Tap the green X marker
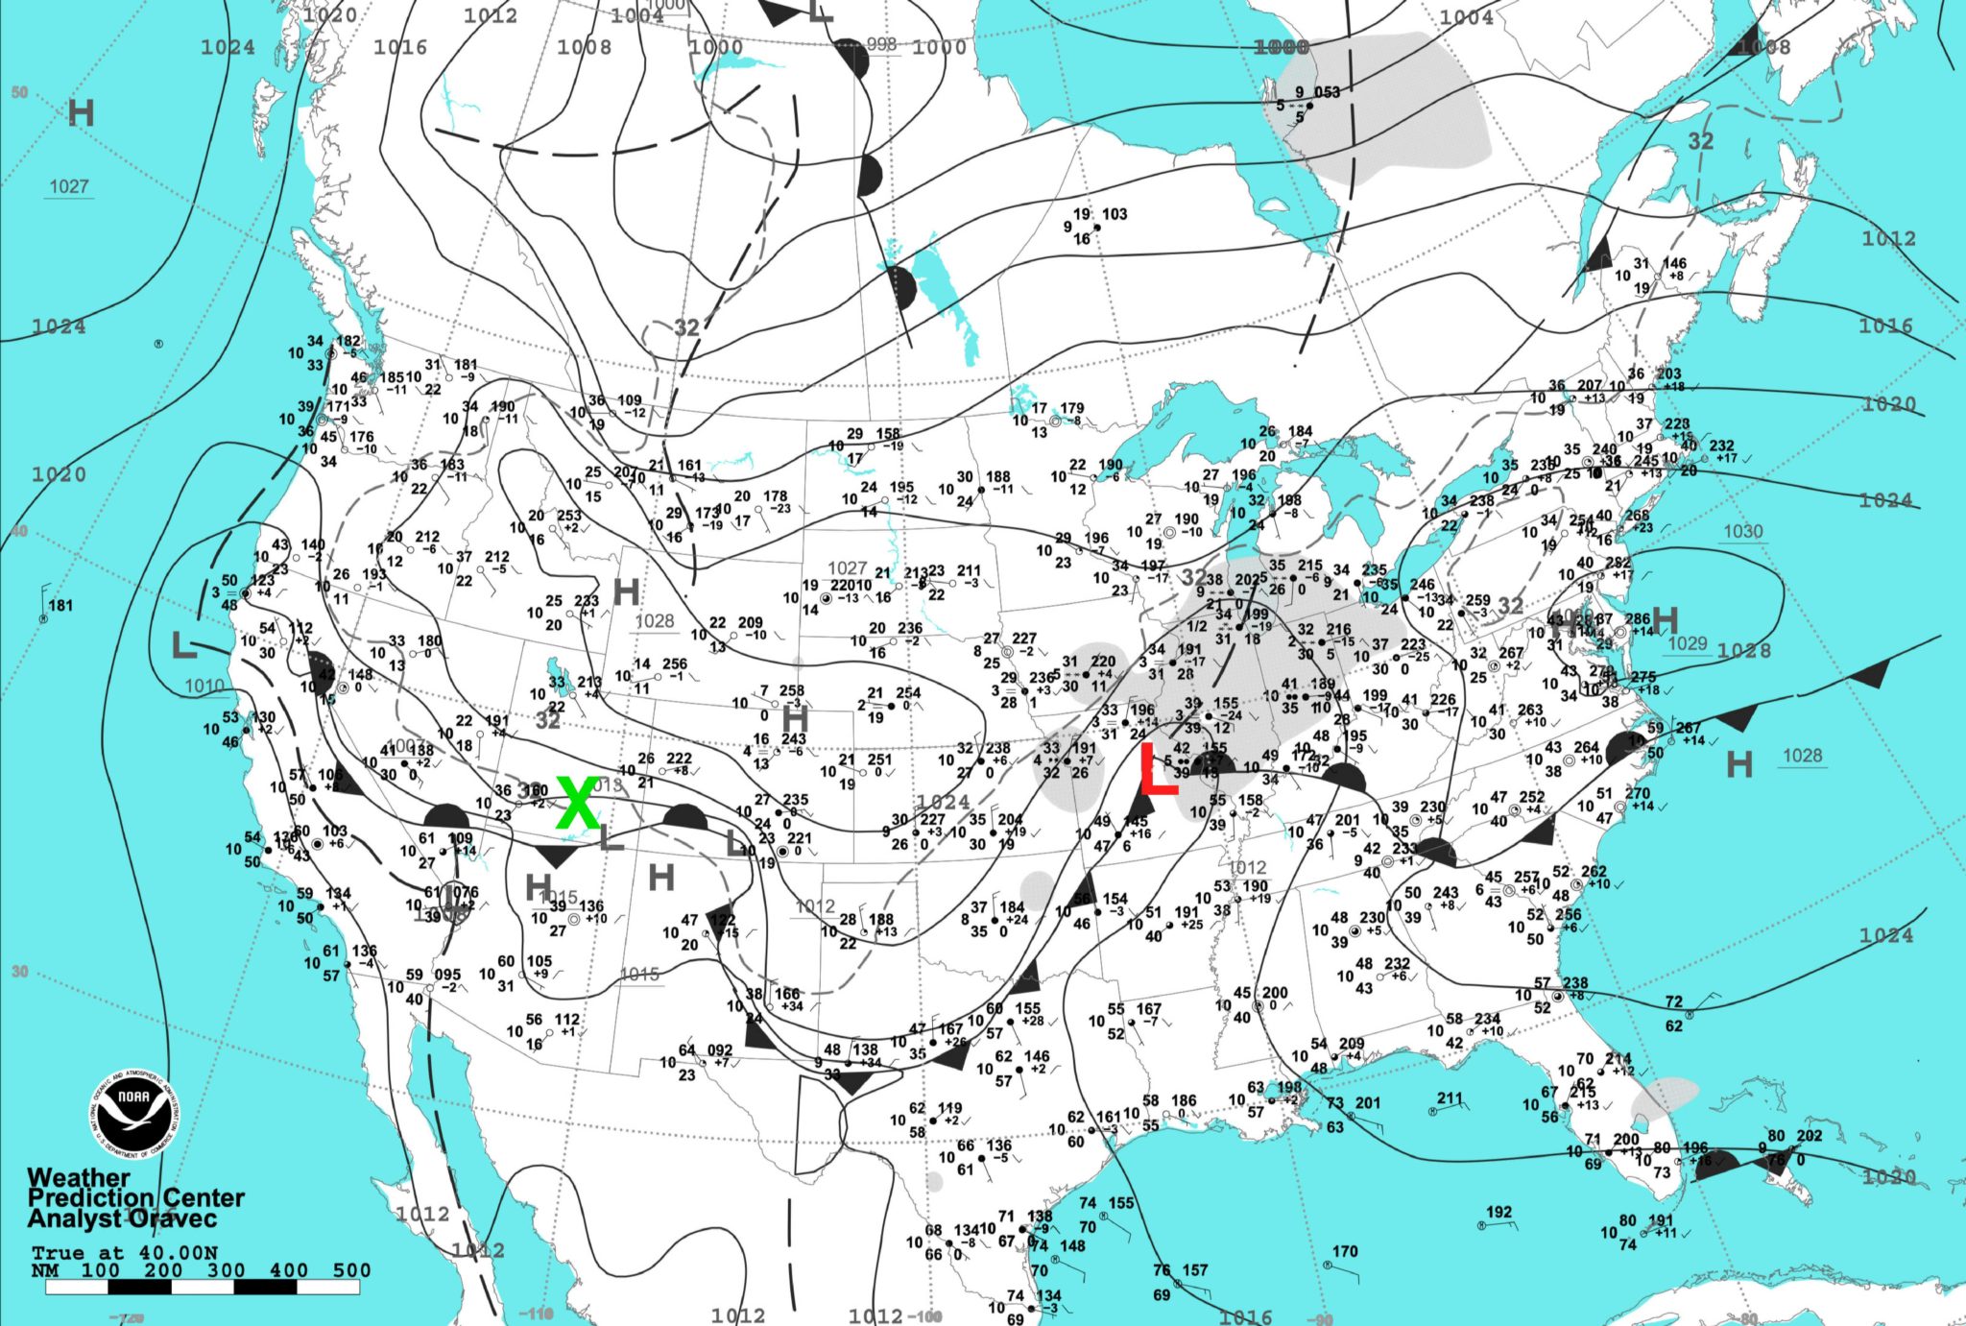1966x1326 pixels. (x=578, y=803)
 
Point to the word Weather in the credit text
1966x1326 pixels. (x=79, y=1177)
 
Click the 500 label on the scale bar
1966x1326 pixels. (x=351, y=1269)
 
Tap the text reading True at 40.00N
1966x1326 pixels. (x=124, y=1252)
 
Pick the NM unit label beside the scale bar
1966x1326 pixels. (x=44, y=1270)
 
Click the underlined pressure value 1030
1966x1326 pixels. (x=1742, y=531)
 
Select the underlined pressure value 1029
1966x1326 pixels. (x=1688, y=642)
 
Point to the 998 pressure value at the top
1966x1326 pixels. (x=880, y=44)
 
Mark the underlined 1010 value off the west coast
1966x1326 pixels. (x=204, y=686)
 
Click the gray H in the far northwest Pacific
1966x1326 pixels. (x=82, y=113)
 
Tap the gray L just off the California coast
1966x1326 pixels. (x=183, y=645)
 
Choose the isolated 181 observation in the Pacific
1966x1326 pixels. (x=60, y=605)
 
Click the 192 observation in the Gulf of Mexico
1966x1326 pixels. (x=1498, y=1212)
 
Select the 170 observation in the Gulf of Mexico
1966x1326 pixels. (x=1345, y=1251)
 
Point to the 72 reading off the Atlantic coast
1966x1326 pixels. (x=1673, y=1001)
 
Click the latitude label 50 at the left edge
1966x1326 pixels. (x=19, y=92)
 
